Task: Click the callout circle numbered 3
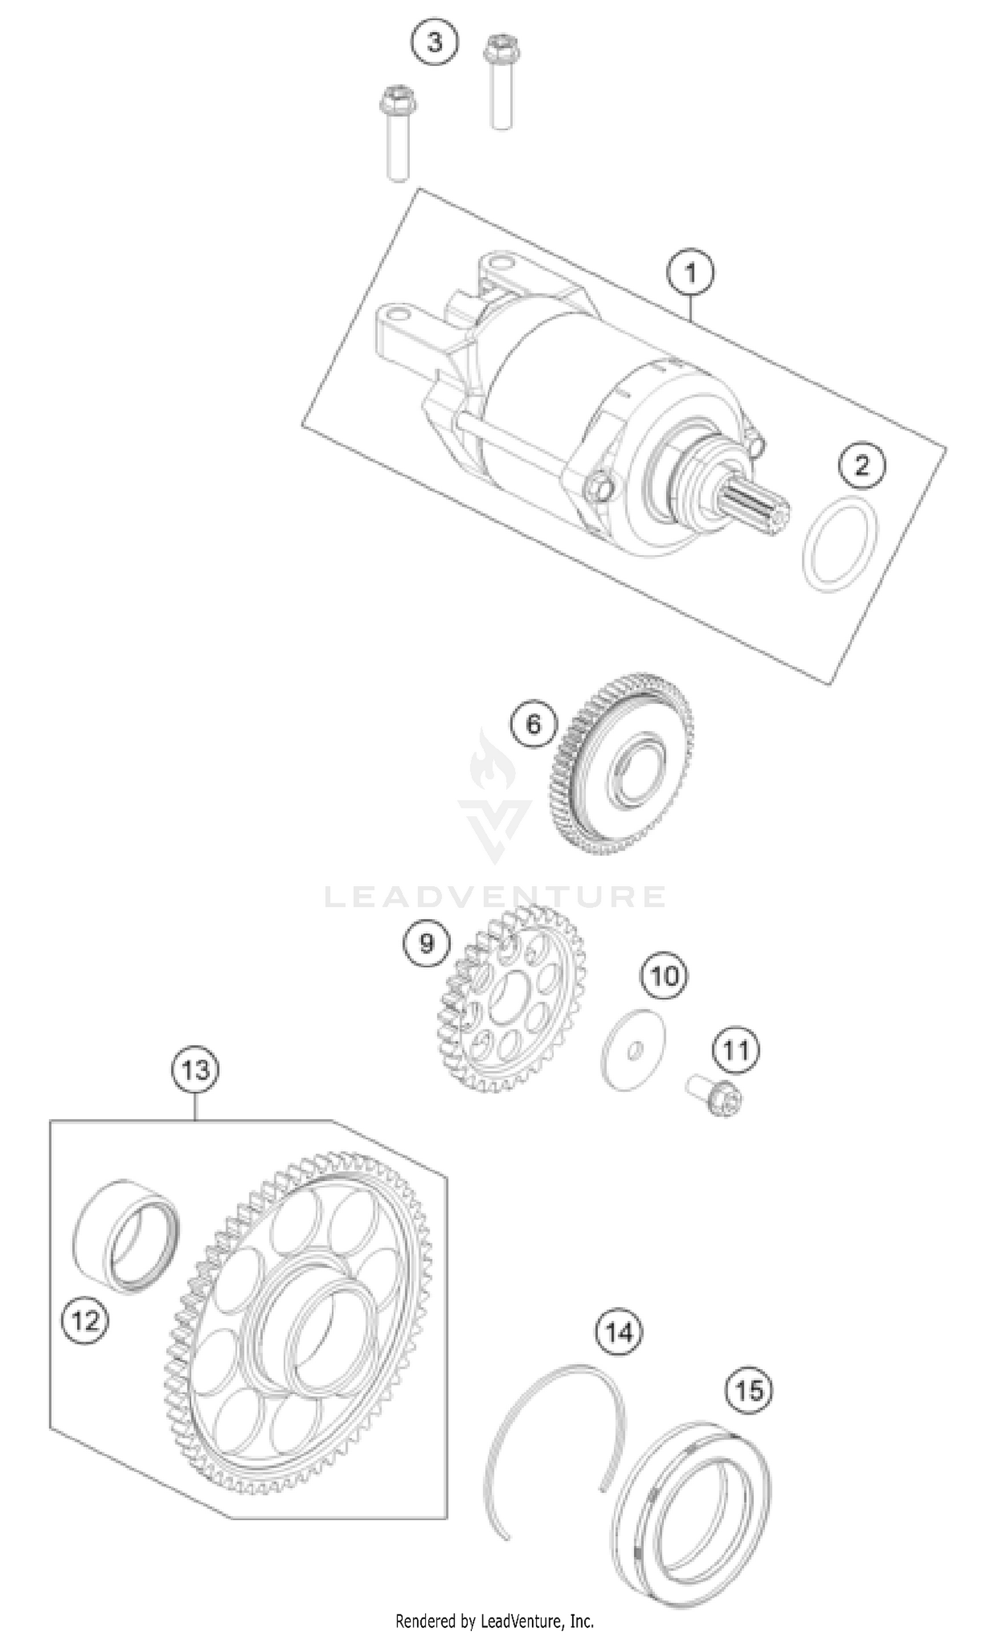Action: (434, 42)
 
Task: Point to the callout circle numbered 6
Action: (534, 723)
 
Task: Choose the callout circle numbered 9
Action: (426, 943)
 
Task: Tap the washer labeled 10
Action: (633, 1049)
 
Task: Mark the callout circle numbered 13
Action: (195, 1070)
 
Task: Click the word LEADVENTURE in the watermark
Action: (494, 897)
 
